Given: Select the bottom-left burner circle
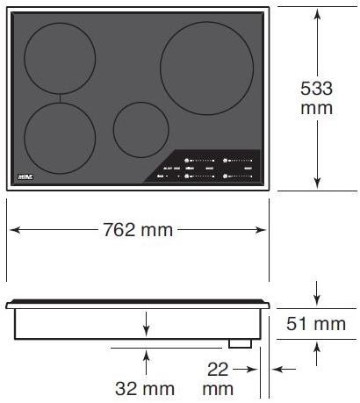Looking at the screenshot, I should pyautogui.click(x=60, y=137).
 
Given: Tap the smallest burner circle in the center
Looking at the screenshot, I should pyautogui.click(x=140, y=130).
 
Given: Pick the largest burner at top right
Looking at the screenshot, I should pyautogui.click(x=207, y=68).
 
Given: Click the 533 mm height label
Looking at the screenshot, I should pyautogui.click(x=317, y=97).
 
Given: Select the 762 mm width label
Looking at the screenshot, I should pyautogui.click(x=139, y=230).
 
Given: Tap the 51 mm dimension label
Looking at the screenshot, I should pyautogui.click(x=317, y=325).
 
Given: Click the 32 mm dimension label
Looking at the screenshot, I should pyautogui.click(x=144, y=388).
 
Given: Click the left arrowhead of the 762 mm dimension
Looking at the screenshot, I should pyautogui.click(x=13, y=230).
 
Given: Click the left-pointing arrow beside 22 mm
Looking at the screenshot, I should pyautogui.click(x=277, y=370).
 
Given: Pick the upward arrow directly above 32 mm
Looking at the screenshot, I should pyautogui.click(x=147, y=358).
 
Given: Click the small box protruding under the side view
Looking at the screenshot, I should pyautogui.click(x=240, y=343).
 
